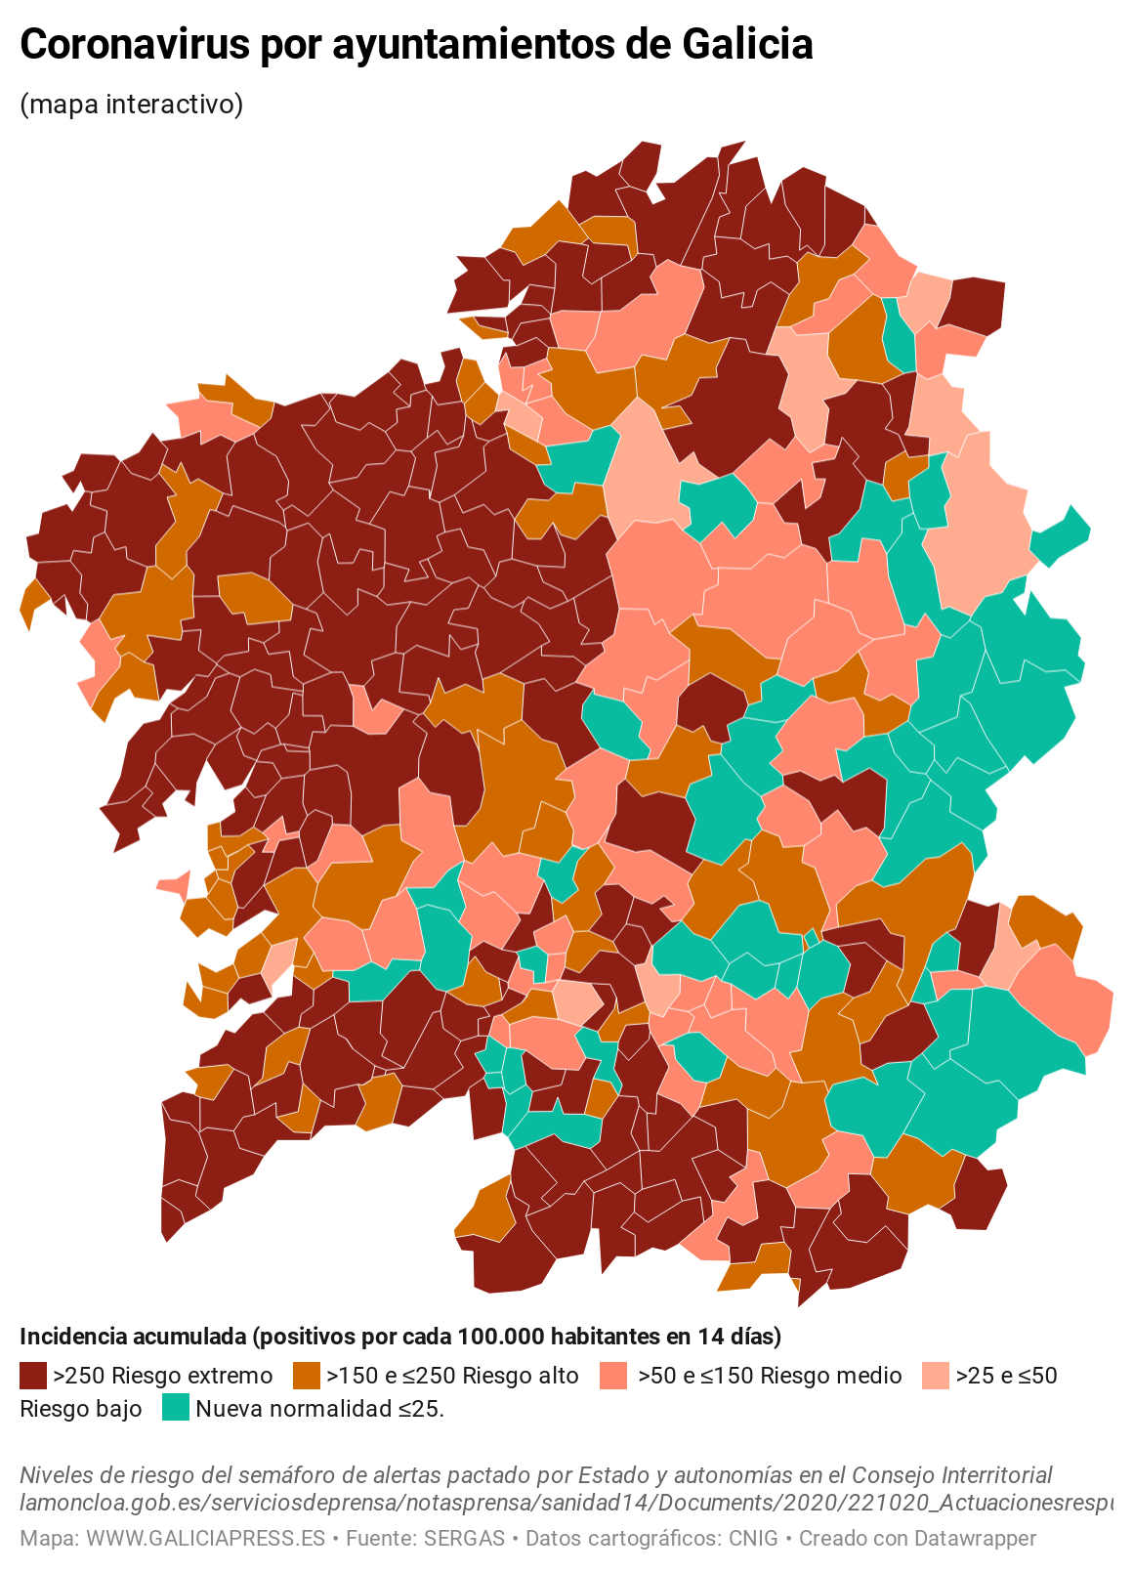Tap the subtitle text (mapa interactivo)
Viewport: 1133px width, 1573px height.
[x=131, y=104]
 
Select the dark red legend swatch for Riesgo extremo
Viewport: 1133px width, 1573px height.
[x=33, y=1376]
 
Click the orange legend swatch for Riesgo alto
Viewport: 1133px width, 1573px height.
[x=306, y=1376]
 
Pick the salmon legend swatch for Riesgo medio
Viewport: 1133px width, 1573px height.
[x=612, y=1376]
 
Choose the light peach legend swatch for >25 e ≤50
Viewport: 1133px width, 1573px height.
[x=935, y=1376]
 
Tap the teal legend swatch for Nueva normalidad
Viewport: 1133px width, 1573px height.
[x=175, y=1408]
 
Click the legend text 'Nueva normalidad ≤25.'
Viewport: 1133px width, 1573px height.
[x=319, y=1409]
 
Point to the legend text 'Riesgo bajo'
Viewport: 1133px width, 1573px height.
[x=80, y=1409]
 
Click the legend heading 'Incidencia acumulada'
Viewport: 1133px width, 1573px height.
[x=132, y=1336]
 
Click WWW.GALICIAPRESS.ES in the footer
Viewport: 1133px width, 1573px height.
[x=205, y=1538]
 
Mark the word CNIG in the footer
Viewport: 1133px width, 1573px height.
[x=753, y=1538]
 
